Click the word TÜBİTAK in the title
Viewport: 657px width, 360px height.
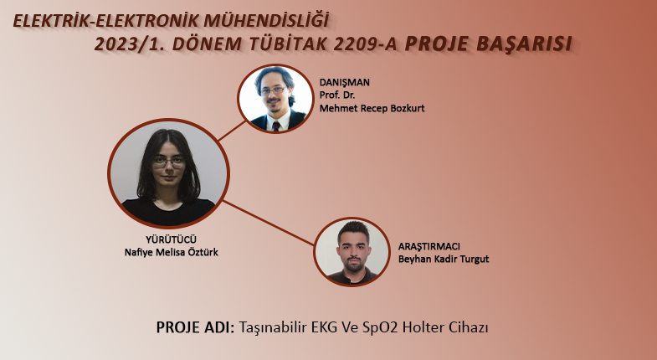[288, 44]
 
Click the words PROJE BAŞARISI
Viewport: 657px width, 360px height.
[489, 44]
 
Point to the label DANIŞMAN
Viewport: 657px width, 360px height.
[345, 82]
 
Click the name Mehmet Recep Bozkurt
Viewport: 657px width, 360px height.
[372, 108]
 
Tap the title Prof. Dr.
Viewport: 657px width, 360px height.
[337, 95]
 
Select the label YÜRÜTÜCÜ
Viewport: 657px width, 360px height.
[171, 239]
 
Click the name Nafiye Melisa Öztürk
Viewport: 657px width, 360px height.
[172, 252]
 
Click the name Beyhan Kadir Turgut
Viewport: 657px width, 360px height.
[444, 259]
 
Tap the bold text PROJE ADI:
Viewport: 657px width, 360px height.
[195, 327]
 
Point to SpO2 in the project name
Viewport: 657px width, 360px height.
[382, 327]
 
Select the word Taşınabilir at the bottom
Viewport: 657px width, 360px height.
[273, 327]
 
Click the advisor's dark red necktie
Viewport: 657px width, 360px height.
[276, 126]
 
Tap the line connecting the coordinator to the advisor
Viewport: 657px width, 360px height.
[232, 131]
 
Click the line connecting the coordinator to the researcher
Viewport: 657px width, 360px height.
[269, 223]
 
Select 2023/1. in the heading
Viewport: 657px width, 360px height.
[131, 44]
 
